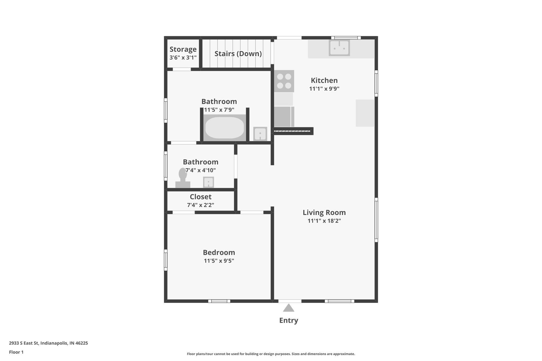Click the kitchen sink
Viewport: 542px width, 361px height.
pos(339,48)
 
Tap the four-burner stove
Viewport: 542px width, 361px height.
pos(284,81)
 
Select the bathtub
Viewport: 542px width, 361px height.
pos(225,127)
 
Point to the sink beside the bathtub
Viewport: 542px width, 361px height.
pos(260,134)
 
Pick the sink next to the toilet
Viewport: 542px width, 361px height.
pos(208,182)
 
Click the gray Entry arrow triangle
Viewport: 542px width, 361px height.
pos(288,308)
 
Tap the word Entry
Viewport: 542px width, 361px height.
pos(288,320)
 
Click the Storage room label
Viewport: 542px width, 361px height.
pos(183,49)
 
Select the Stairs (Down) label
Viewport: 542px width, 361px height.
pos(238,54)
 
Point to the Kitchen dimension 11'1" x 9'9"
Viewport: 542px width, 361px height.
pos(324,89)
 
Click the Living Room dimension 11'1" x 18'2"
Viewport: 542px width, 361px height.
pos(324,221)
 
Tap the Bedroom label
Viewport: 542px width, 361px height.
pos(219,252)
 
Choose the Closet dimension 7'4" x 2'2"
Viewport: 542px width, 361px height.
pos(200,205)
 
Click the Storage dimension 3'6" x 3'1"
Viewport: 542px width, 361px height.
pos(183,57)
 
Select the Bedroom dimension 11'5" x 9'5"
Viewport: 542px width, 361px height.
pos(219,261)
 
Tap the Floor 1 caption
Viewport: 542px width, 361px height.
pos(16,352)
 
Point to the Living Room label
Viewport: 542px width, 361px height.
pos(324,212)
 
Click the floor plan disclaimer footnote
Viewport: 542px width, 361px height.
pos(271,354)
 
